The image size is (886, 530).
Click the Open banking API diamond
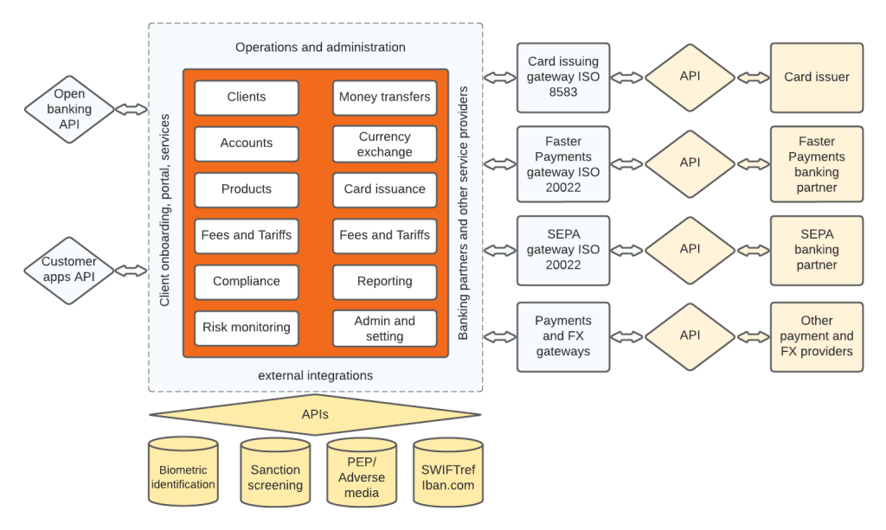(69, 109)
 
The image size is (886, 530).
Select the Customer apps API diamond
(69, 270)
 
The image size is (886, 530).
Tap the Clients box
(247, 98)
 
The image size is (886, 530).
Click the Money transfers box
(384, 98)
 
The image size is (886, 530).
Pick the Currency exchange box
(384, 144)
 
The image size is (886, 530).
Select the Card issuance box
(384, 189)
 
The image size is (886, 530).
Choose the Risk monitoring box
(247, 328)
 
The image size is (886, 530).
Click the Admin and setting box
(384, 328)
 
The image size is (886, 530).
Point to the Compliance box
(247, 282)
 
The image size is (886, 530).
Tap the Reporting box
(384, 282)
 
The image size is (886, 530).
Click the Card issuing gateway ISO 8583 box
(563, 77)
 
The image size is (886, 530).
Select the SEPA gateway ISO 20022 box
(563, 250)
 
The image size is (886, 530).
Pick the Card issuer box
(816, 77)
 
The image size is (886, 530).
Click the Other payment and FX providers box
(816, 336)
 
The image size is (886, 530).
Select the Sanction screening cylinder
(275, 475)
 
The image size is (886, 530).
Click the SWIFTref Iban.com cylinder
(447, 475)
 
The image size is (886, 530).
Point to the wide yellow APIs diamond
(315, 414)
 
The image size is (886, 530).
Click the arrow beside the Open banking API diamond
(132, 109)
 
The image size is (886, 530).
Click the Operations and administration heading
(320, 47)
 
